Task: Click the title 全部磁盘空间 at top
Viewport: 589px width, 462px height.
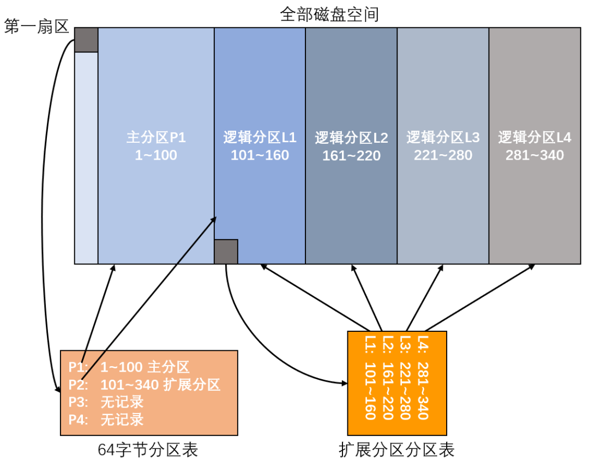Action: (x=329, y=14)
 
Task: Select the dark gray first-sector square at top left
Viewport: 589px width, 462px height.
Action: (x=86, y=39)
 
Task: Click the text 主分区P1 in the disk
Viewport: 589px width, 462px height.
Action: (x=156, y=137)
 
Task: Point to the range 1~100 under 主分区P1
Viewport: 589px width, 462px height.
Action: (x=156, y=155)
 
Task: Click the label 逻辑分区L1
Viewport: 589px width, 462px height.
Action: (x=260, y=137)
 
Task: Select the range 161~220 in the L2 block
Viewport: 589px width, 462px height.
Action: (x=351, y=156)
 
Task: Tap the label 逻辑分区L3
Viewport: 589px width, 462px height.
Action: (x=443, y=137)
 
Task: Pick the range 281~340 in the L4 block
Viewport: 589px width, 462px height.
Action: (x=534, y=156)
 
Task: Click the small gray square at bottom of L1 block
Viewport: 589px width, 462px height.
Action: (x=226, y=252)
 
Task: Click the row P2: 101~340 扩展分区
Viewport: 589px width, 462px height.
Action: (x=144, y=385)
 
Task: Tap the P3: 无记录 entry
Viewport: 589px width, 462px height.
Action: (x=106, y=402)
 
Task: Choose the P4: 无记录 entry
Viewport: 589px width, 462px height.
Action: (x=106, y=420)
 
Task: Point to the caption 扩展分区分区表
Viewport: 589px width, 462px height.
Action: (x=396, y=450)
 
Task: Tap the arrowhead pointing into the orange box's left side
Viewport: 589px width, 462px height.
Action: (x=343, y=384)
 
